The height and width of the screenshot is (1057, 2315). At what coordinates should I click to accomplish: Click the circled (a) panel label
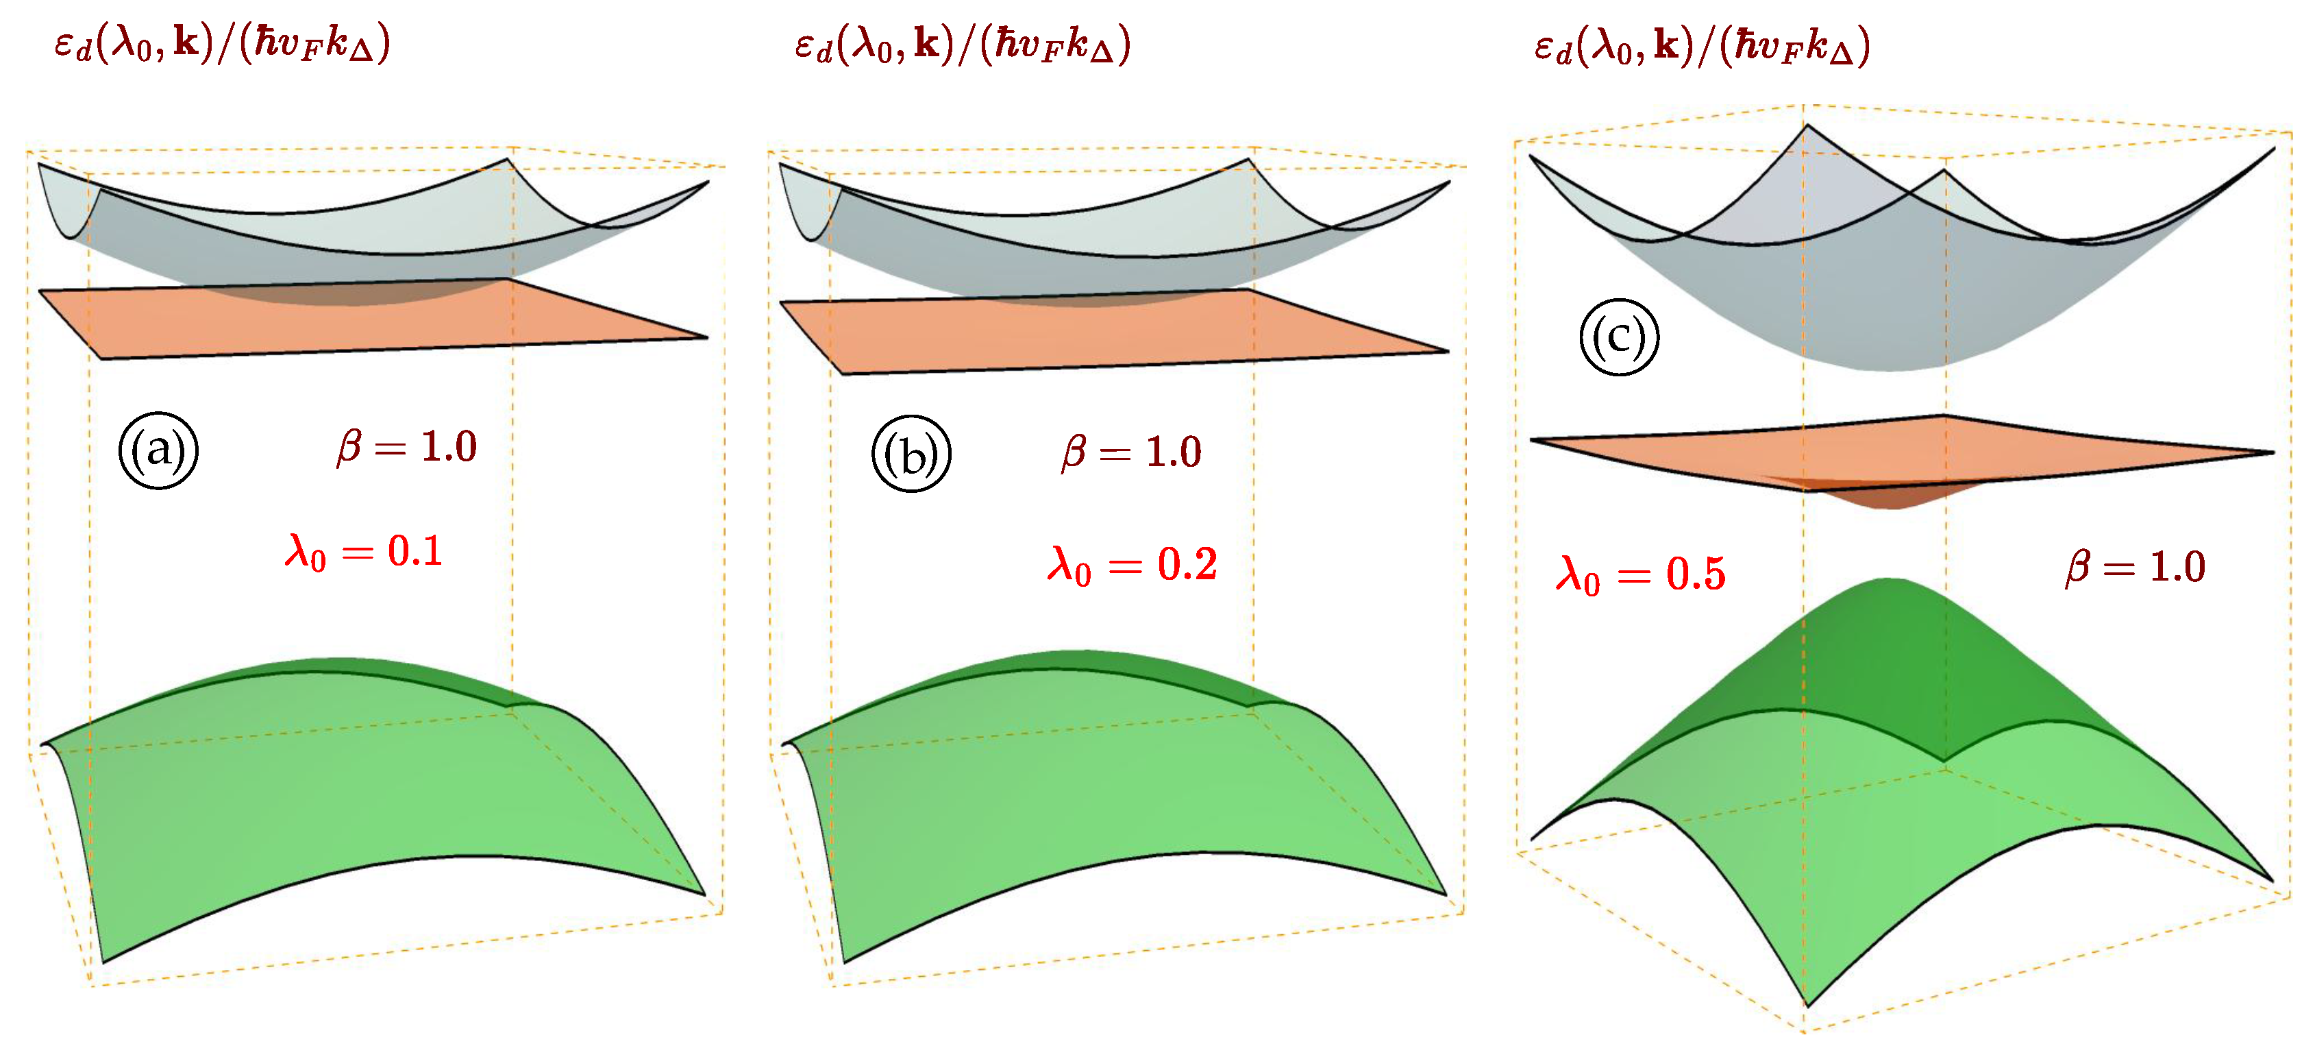click(158, 450)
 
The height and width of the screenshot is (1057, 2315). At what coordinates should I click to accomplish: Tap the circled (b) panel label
click(911, 454)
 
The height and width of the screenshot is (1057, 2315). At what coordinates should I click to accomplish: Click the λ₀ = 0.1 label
click(364, 551)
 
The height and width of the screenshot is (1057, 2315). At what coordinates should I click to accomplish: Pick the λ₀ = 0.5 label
click(1640, 574)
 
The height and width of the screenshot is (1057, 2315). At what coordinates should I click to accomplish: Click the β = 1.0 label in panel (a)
click(407, 447)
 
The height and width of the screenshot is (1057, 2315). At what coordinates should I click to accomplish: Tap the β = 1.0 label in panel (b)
click(1131, 451)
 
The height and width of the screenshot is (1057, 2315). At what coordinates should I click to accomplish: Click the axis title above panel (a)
click(222, 43)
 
